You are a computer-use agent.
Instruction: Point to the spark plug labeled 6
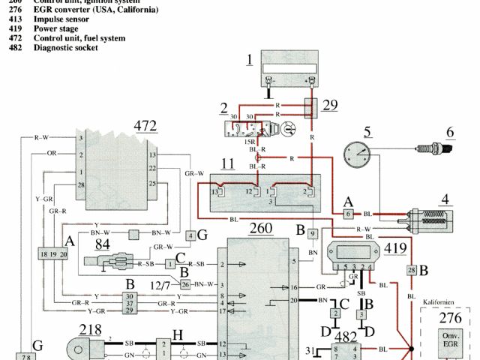click(x=434, y=151)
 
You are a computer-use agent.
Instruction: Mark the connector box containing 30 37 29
click(x=130, y=303)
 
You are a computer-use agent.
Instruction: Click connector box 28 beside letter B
click(x=411, y=270)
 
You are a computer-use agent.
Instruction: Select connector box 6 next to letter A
click(x=349, y=213)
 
